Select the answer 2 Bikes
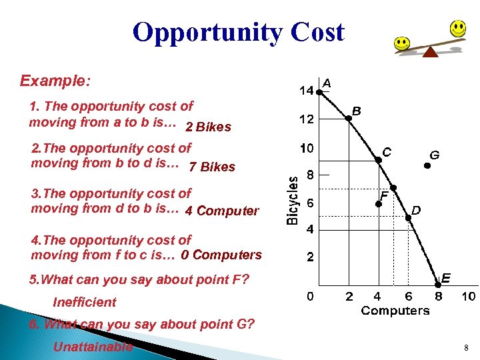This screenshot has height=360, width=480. [x=208, y=127]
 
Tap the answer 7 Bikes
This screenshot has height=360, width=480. [x=212, y=167]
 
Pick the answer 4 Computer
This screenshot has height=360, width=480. [x=221, y=211]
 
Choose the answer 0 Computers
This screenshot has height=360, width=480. [x=221, y=255]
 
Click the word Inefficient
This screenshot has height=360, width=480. [x=85, y=302]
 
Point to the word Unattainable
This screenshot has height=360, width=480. [x=93, y=347]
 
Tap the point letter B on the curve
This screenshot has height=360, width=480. [x=357, y=111]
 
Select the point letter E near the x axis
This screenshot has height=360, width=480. [x=446, y=277]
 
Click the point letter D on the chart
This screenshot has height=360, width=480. [x=416, y=210]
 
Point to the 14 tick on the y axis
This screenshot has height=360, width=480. [x=307, y=91]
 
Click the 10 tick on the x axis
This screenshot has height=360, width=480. [x=468, y=296]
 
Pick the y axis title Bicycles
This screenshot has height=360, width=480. [x=293, y=200]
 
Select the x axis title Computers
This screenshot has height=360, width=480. [x=395, y=311]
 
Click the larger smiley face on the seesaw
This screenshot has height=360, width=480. [x=457, y=28]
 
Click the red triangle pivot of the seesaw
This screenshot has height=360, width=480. [x=430, y=51]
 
